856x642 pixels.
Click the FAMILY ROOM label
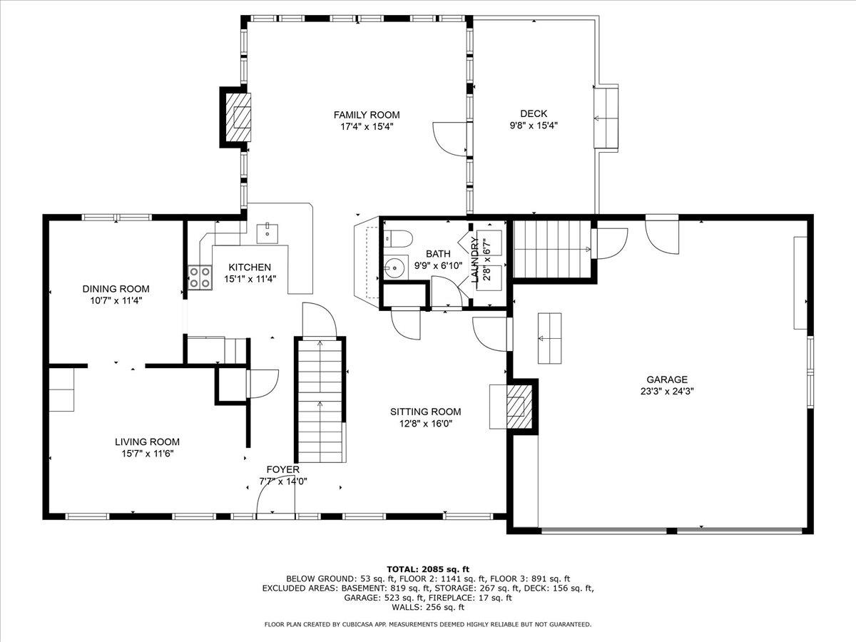367,115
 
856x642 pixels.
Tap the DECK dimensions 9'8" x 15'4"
533,126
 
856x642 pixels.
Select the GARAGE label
667,379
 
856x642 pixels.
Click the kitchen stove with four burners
200,277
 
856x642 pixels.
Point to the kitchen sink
267,232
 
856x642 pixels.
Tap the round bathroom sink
392,268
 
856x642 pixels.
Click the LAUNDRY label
475,260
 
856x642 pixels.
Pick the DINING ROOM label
116,289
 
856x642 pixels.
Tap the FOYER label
282,469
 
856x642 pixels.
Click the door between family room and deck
449,138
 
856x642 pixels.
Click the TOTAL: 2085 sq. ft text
428,569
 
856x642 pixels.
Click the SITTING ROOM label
425,412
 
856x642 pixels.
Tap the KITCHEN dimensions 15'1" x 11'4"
250,279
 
